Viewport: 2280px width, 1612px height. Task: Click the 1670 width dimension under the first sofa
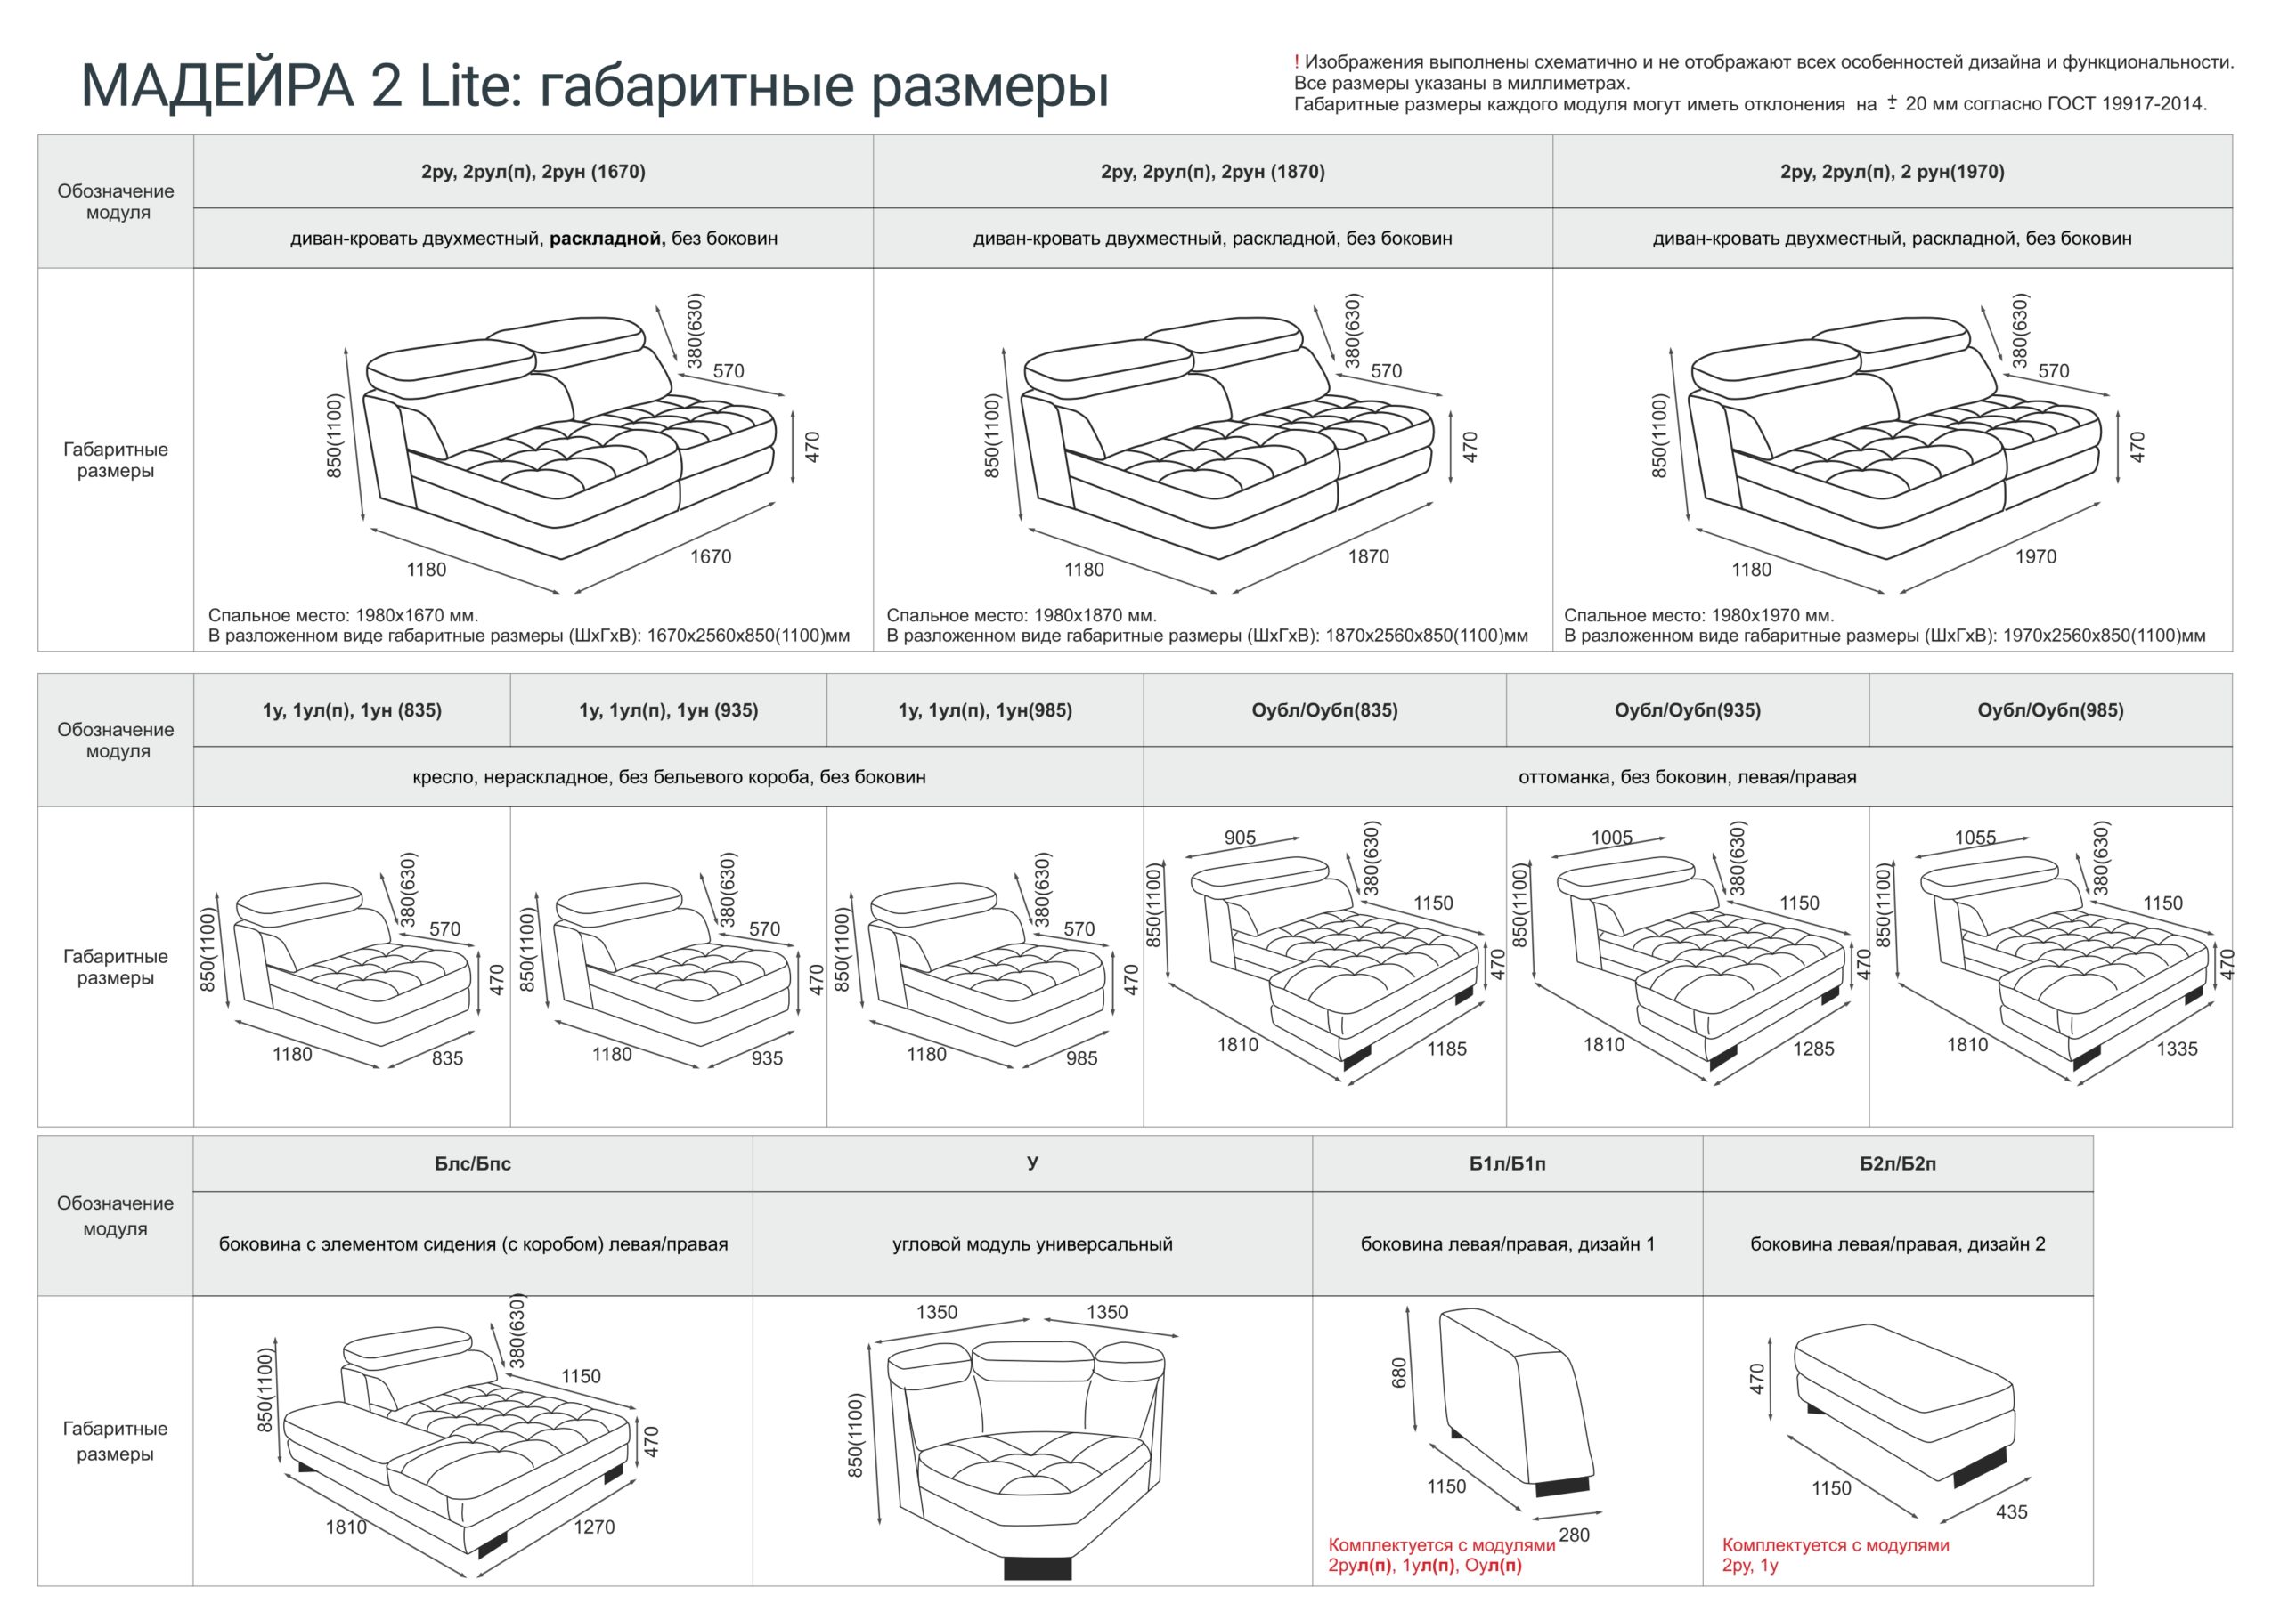[x=710, y=557]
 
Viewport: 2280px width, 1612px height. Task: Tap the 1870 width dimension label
[x=1367, y=557]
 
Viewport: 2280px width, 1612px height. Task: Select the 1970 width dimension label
[x=2035, y=557]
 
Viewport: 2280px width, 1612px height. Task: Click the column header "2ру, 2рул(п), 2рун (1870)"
[x=1212, y=172]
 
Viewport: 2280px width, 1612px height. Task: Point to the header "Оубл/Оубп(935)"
[x=1687, y=710]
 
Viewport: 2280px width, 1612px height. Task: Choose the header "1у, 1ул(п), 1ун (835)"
[x=353, y=710]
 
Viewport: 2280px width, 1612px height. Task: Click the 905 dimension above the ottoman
[x=1241, y=838]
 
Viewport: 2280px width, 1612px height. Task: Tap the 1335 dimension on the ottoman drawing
[x=2177, y=1049]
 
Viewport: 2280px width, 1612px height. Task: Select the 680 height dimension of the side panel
[x=1399, y=1373]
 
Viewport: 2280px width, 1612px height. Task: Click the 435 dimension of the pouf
[x=2011, y=1511]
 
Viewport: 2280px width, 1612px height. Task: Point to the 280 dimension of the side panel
[x=1574, y=1535]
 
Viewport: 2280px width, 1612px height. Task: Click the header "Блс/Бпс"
[x=473, y=1164]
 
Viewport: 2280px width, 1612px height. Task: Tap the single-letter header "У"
[x=1033, y=1162]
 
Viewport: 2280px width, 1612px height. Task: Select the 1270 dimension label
[x=594, y=1527]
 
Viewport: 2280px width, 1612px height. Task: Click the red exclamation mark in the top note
[x=1297, y=62]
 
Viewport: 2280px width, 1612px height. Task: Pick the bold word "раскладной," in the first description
[x=607, y=239]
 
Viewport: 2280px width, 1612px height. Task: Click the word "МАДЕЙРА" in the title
[x=216, y=85]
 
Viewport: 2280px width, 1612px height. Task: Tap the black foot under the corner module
[x=1038, y=1567]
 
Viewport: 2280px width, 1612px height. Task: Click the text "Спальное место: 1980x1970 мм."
[x=1699, y=615]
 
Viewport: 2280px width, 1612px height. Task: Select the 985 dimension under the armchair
[x=1081, y=1059]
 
